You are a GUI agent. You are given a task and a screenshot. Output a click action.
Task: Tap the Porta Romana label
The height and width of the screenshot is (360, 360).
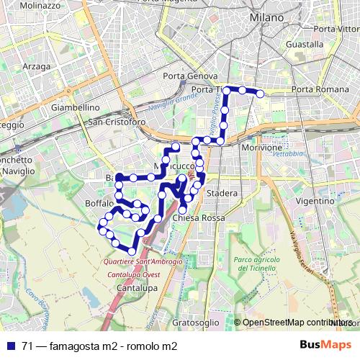(x=320, y=89)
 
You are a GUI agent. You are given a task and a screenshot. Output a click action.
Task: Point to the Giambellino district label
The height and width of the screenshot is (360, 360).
(x=75, y=107)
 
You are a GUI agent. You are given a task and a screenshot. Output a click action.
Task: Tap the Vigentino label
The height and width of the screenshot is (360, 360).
(x=315, y=202)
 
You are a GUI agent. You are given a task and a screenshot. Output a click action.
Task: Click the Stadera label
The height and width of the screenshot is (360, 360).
(x=221, y=194)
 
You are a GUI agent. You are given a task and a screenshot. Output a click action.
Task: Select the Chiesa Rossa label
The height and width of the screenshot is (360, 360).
(x=199, y=217)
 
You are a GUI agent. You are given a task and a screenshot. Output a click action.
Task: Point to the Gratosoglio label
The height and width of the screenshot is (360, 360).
(x=195, y=323)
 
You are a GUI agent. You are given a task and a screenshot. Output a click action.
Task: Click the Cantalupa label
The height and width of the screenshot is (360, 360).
(x=137, y=288)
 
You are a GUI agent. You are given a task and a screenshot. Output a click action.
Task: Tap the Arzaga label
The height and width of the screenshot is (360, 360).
(x=37, y=66)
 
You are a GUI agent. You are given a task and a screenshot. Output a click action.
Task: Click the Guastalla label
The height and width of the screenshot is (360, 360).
(x=304, y=45)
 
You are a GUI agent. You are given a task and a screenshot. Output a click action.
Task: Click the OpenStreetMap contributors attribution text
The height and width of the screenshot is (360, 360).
(x=297, y=323)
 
